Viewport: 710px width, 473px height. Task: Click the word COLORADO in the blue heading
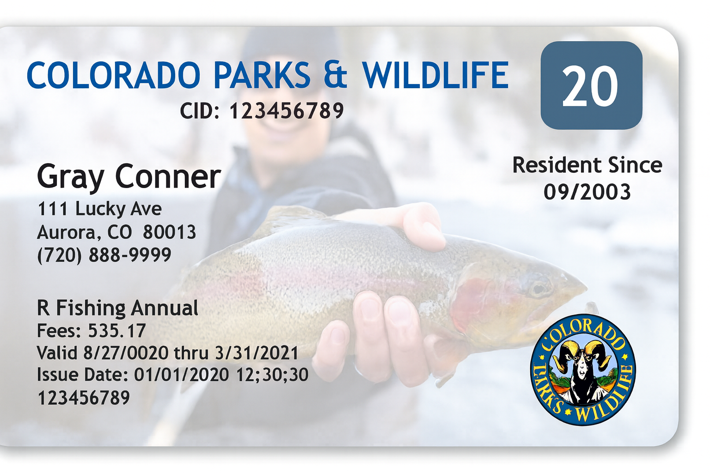tap(113, 75)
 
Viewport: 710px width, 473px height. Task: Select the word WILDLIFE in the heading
tap(435, 75)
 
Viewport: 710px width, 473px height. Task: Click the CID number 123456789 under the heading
tap(287, 111)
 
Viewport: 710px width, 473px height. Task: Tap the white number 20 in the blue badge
tap(590, 86)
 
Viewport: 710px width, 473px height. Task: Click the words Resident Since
tap(587, 165)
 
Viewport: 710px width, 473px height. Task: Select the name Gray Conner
tap(129, 177)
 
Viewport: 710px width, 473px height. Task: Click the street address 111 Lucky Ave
tap(99, 209)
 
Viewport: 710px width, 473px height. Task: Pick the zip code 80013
tap(169, 232)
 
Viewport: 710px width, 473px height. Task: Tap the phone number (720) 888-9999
tap(104, 255)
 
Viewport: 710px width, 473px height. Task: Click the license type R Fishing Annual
tap(117, 308)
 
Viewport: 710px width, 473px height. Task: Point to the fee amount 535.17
tap(117, 331)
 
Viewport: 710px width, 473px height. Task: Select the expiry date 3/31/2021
tap(257, 353)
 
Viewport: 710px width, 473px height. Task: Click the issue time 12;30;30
tap(272, 375)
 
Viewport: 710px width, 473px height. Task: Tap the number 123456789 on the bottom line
tap(84, 398)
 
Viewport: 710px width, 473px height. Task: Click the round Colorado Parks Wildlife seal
tap(582, 370)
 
